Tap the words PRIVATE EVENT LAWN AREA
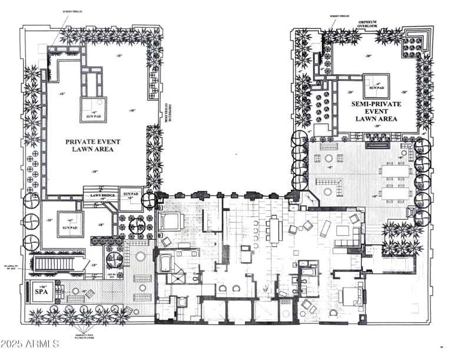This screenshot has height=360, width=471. [89, 146]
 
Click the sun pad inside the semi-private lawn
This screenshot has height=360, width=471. [376, 86]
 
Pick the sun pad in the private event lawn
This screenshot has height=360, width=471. [93, 109]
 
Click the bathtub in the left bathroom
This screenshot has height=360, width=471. [165, 262]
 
